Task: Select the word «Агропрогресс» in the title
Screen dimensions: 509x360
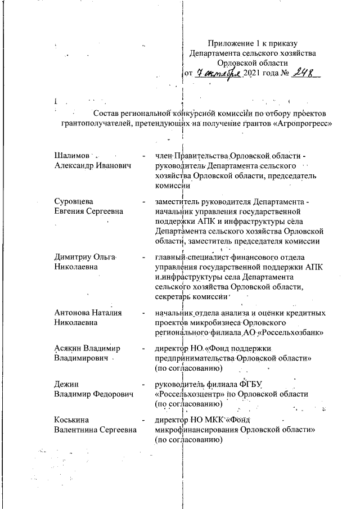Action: tap(299, 124)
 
